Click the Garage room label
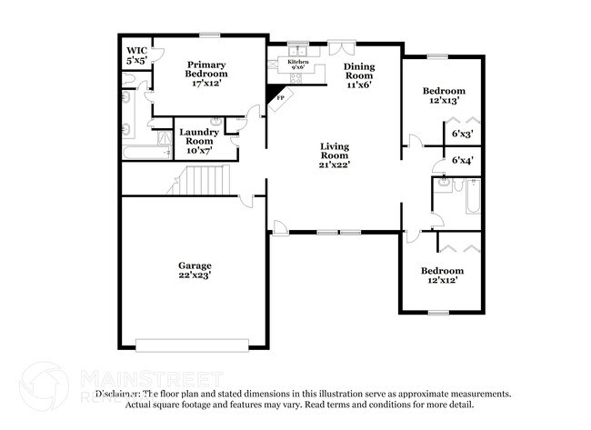[195, 265]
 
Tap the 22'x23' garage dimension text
[195, 275]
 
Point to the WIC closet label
[137, 51]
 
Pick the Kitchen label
[297, 62]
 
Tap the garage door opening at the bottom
[192, 345]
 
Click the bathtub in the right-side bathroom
[473, 195]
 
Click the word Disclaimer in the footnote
[119, 394]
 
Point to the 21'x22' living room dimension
[335, 165]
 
